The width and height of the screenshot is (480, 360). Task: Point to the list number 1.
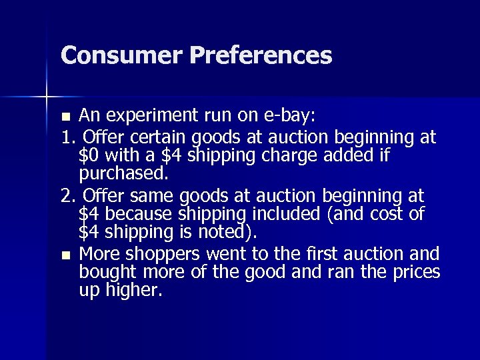[x=65, y=137]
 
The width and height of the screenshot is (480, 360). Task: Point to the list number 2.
[x=65, y=197]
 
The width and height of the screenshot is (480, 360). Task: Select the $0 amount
[x=90, y=156]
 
